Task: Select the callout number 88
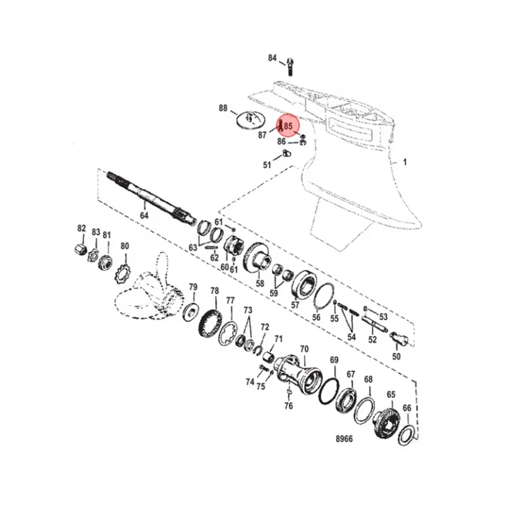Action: click(223, 108)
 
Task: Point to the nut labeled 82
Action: click(81, 249)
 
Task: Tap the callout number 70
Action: click(304, 349)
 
